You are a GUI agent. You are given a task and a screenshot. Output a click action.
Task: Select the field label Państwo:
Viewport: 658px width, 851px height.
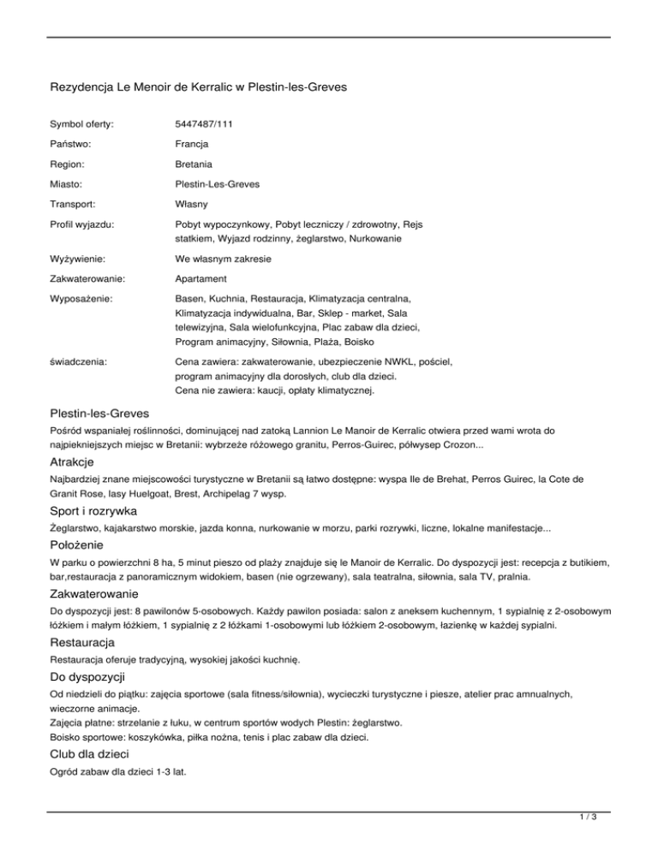pyautogui.click(x=73, y=144)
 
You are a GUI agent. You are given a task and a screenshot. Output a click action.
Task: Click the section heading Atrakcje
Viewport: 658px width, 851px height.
pyautogui.click(x=73, y=464)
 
